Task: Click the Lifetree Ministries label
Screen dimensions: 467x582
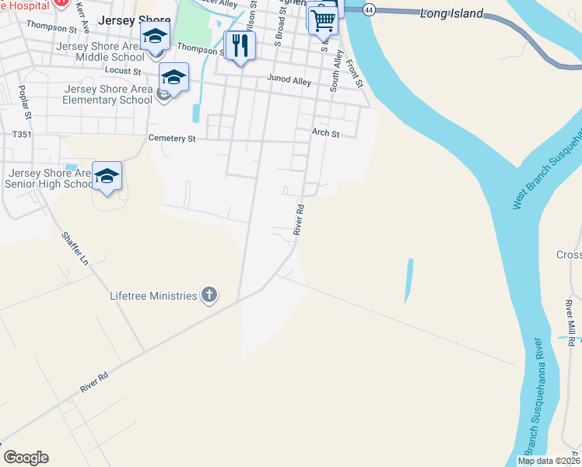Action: (x=153, y=296)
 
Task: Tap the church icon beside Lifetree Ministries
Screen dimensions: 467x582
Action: (x=209, y=295)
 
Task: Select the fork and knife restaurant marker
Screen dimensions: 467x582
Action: (x=240, y=46)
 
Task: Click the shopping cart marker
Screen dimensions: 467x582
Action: (x=322, y=20)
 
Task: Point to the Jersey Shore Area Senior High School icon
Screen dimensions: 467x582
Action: (x=107, y=177)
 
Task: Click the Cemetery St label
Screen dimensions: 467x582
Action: (x=172, y=139)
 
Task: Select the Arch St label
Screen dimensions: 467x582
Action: (x=326, y=134)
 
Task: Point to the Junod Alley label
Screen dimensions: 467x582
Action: (x=289, y=80)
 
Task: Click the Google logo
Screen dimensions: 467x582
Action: (x=26, y=458)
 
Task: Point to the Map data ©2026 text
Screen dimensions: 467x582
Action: (x=549, y=461)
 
